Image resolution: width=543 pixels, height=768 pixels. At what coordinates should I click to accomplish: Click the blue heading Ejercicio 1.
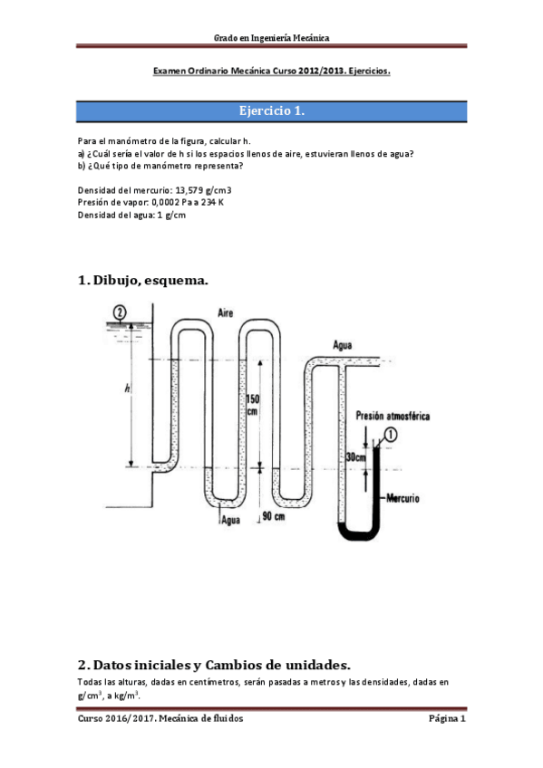[271, 111]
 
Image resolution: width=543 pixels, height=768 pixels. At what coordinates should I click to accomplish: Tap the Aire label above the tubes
[226, 312]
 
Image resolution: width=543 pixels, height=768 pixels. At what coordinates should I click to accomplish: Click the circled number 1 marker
[391, 434]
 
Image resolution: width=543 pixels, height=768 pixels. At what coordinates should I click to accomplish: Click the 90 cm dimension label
[272, 516]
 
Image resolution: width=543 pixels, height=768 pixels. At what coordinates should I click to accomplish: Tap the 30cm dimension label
[357, 457]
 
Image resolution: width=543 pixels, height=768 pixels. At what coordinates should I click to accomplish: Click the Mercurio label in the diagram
[402, 498]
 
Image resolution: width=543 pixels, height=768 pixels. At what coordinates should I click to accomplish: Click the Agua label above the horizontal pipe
[343, 344]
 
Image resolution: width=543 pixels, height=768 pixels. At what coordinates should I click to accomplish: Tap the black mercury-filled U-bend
[357, 533]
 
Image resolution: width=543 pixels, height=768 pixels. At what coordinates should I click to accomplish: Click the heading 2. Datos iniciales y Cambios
[214, 664]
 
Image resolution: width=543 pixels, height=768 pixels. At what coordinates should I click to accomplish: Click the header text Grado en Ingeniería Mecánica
[271, 37]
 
